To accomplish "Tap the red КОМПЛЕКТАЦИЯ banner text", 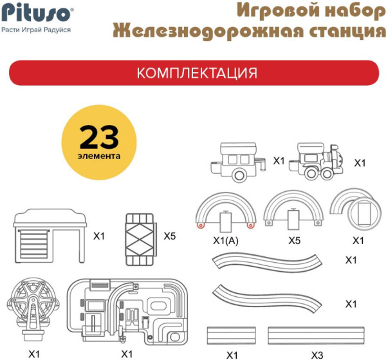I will [x=197, y=73].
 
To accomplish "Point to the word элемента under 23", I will [x=99, y=155].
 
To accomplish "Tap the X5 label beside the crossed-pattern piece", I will [x=169, y=236].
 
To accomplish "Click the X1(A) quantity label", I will [x=226, y=241].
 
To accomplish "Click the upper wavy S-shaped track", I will [x=268, y=261].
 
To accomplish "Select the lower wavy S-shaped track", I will [x=268, y=298].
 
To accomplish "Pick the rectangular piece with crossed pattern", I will [x=141, y=236].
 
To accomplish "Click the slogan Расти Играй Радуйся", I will [x=36, y=30].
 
